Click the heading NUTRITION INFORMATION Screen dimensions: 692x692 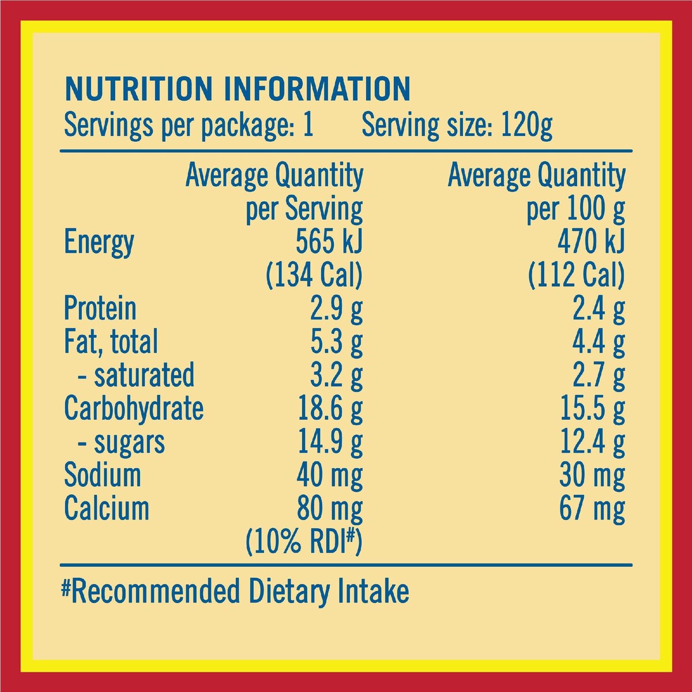(x=238, y=88)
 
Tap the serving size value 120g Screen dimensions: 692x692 (x=526, y=126)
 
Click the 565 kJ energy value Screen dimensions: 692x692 (x=329, y=241)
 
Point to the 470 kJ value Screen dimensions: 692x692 (x=591, y=241)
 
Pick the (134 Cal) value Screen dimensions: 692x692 (x=314, y=276)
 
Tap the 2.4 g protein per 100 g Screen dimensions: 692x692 (x=599, y=309)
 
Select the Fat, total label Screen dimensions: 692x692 (x=111, y=341)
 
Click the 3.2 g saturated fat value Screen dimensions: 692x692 (x=336, y=376)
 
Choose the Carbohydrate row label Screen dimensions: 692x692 (x=134, y=409)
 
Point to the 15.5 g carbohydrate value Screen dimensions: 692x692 (x=593, y=409)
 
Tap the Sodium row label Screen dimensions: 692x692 (x=102, y=475)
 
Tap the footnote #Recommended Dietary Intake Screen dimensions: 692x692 (x=235, y=592)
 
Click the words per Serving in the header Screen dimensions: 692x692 (x=304, y=209)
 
